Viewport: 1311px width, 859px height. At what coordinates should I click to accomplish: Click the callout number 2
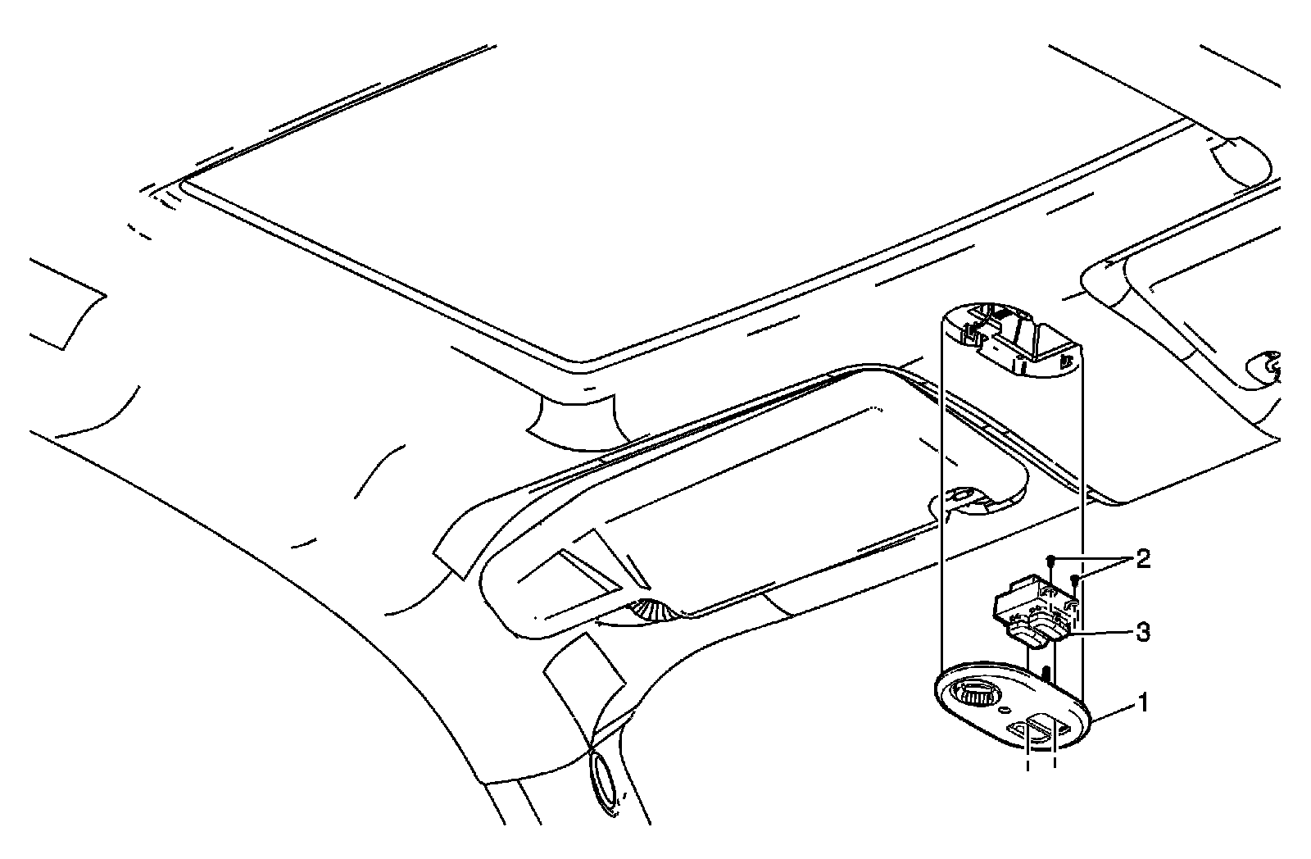(1141, 561)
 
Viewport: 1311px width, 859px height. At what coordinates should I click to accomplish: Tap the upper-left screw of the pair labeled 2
(1050, 559)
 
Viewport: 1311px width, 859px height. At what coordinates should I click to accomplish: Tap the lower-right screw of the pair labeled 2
(1074, 579)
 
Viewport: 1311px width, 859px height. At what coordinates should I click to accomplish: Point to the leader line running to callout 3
(1098, 632)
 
